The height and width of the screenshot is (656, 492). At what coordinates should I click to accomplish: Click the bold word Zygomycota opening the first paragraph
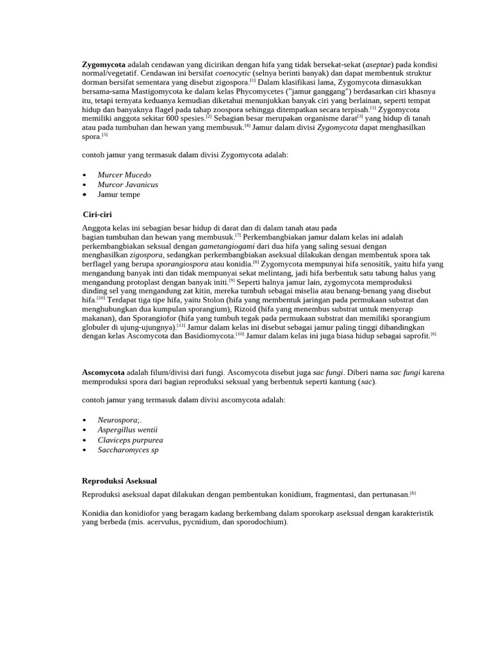(x=104, y=65)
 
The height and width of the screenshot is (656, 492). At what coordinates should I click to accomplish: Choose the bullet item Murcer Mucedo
(x=124, y=175)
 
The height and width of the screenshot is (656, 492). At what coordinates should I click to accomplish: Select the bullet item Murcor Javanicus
(x=127, y=184)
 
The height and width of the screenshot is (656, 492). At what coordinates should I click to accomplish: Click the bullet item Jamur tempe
(x=119, y=194)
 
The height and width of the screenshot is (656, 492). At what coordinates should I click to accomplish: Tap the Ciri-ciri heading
(x=97, y=214)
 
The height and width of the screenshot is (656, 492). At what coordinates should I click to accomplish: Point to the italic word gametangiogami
(x=227, y=246)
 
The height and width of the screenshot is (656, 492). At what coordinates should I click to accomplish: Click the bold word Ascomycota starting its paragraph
(x=103, y=372)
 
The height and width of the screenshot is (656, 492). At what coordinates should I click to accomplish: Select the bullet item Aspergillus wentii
(x=127, y=430)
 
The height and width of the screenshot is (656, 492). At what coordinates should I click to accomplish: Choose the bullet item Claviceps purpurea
(x=130, y=440)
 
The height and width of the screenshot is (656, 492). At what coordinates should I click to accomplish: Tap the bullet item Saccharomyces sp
(x=127, y=450)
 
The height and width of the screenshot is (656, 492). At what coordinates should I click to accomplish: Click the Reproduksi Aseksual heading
(x=119, y=480)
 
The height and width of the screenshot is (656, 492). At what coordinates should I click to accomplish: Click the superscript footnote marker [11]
(x=181, y=325)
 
